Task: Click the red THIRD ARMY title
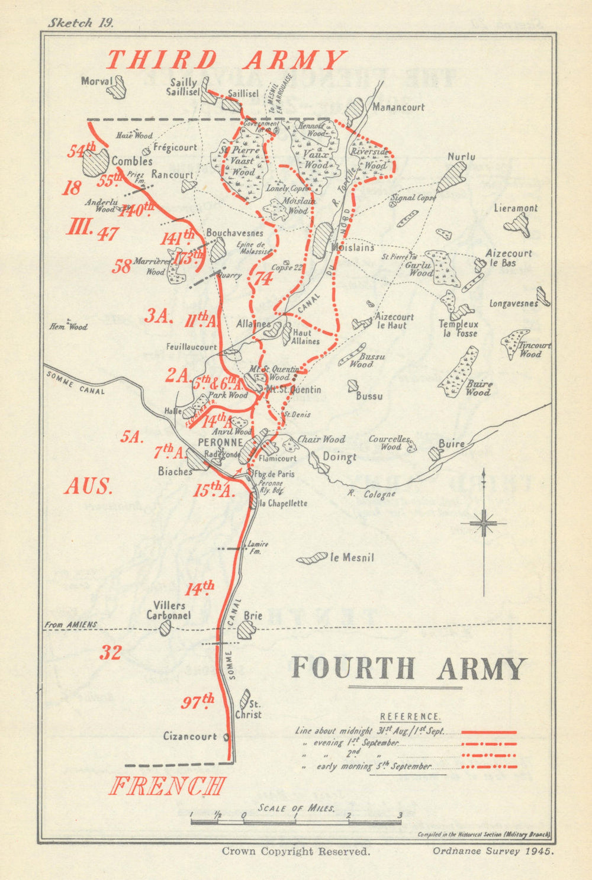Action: tap(226, 61)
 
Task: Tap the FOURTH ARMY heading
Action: tap(408, 668)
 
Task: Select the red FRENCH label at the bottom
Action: tap(168, 786)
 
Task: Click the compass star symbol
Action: tap(484, 523)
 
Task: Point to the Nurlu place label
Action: tap(461, 157)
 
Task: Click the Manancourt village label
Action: tap(398, 107)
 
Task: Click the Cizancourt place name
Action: tap(190, 736)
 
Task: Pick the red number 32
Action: tap(110, 653)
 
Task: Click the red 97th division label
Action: tap(197, 702)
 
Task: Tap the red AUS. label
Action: tap(88, 486)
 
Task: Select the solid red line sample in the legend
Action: tap(488, 732)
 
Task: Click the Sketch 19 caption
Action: tap(81, 22)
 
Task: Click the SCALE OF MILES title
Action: tap(296, 808)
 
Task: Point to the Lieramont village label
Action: tap(516, 208)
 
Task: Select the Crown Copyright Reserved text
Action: tap(295, 852)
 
